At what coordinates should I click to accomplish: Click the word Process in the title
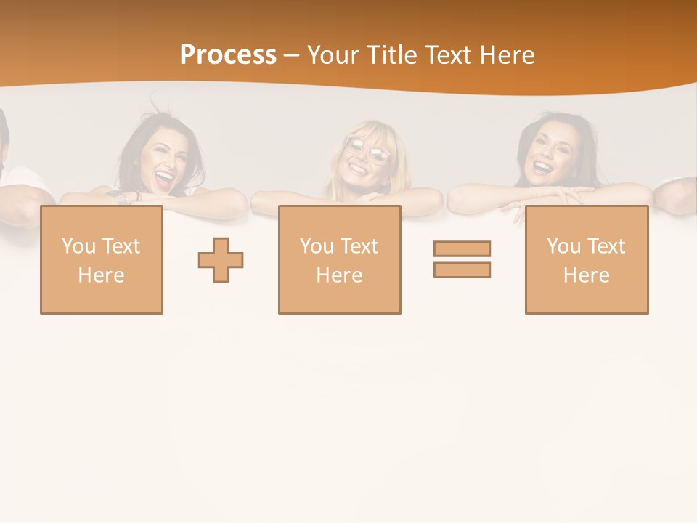pos(228,55)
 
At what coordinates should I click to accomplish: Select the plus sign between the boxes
pos(221,260)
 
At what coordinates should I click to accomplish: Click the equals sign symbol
pos(462,259)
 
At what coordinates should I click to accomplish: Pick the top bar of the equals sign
pos(462,249)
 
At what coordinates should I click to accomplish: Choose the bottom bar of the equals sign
pos(462,269)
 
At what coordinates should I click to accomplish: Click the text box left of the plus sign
pos(102,260)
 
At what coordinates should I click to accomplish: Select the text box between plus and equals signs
pos(340,260)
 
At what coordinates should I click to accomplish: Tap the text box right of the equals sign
pos(587,260)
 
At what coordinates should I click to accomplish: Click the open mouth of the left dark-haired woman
pos(166,177)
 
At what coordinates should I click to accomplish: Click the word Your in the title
pos(334,55)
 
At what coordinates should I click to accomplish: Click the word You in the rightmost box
pos(563,247)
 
